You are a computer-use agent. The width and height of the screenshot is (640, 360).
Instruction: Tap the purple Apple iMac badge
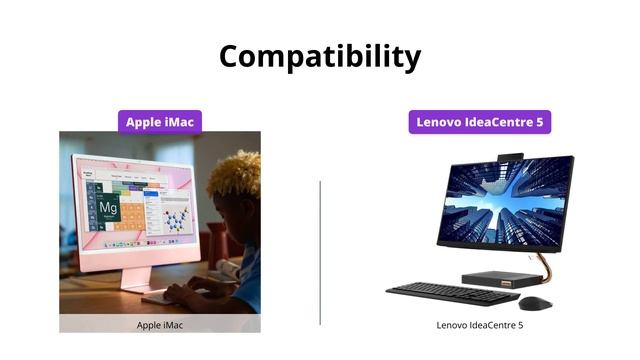160,122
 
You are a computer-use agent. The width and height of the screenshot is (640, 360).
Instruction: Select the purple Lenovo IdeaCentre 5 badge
480,122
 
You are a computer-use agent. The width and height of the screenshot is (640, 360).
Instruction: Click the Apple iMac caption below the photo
160,325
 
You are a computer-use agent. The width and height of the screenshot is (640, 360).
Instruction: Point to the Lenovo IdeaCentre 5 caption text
480,325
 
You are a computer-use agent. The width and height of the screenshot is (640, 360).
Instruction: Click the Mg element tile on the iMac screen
109,208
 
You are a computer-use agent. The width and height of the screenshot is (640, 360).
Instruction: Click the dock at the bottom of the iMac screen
134,242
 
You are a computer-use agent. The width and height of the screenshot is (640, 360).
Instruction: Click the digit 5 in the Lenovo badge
540,122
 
